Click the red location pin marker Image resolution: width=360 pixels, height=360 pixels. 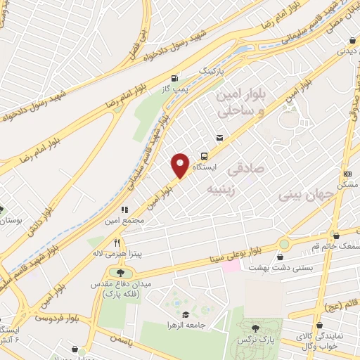pyautogui.click(x=180, y=165)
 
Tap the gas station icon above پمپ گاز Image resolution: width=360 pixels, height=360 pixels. pyautogui.click(x=174, y=78)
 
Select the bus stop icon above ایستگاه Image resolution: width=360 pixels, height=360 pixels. pyautogui.click(x=205, y=156)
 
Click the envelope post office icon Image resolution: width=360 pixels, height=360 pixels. pyautogui.click(x=219, y=138)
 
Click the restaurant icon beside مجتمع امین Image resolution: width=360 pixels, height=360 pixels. pyautogui.click(x=124, y=209)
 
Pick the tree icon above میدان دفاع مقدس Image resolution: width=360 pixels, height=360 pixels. pyautogui.click(x=120, y=272)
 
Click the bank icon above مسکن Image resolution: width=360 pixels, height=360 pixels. pyautogui.click(x=347, y=174)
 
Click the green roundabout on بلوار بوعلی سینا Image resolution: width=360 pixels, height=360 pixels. pyautogui.click(x=283, y=244)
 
